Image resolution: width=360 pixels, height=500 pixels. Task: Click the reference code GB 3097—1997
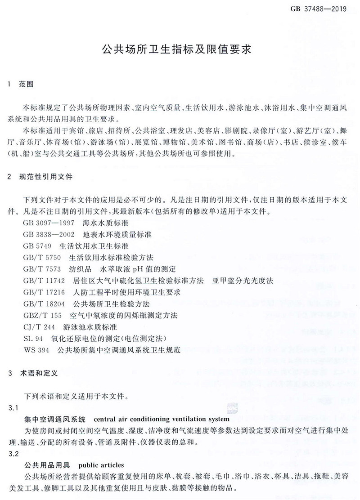[x=50, y=223]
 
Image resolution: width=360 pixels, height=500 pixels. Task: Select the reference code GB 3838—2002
[x=50, y=235]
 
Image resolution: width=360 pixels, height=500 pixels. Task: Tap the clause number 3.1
[x=13, y=408]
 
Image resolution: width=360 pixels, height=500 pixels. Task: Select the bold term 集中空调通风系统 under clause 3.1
[x=54, y=420]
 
